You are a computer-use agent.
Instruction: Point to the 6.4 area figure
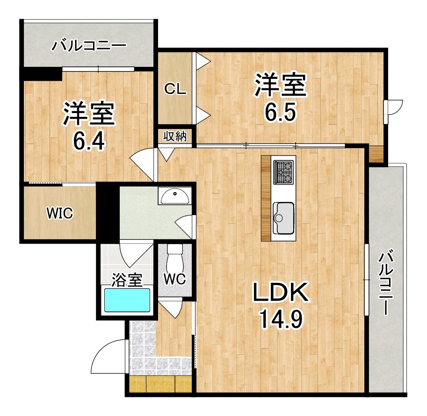click(89, 139)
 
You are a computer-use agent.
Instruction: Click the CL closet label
click(175, 90)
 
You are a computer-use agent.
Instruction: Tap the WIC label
click(59, 214)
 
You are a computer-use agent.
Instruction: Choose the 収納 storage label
click(175, 136)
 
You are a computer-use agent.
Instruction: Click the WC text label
click(174, 279)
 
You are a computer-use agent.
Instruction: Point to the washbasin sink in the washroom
click(175, 195)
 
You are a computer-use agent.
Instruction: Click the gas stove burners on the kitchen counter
click(283, 172)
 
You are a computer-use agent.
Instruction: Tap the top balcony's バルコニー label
click(89, 46)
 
